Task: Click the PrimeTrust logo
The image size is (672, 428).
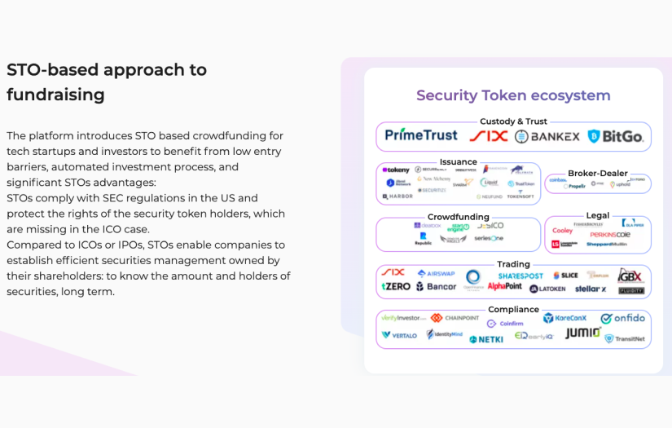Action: click(421, 135)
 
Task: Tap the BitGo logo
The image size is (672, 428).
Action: click(616, 136)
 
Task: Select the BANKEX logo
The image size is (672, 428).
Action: click(547, 136)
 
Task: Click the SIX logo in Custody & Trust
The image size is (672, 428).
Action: click(489, 136)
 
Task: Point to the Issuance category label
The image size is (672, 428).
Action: click(458, 162)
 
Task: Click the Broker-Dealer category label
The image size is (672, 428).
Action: click(597, 174)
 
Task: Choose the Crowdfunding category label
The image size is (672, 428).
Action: click(458, 217)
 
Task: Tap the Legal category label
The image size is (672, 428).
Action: click(597, 216)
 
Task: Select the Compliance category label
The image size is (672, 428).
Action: click(513, 310)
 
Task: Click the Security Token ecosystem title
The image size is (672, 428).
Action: click(513, 95)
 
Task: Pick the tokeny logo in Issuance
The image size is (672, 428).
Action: click(397, 170)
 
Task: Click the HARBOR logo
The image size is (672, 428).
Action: click(397, 196)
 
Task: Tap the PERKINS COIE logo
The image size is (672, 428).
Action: click(610, 235)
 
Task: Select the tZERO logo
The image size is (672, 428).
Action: click(396, 287)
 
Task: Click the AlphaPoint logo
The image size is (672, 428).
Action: click(504, 287)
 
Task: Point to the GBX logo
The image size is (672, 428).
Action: click(630, 276)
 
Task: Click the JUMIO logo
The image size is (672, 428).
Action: click(583, 333)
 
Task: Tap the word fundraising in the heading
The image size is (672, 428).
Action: click(55, 95)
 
